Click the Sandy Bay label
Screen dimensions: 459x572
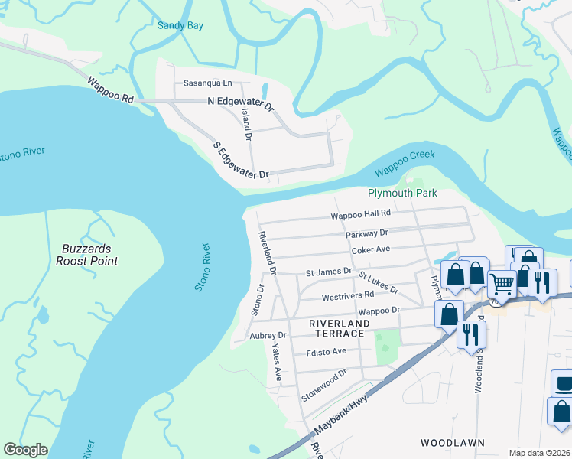click(x=180, y=25)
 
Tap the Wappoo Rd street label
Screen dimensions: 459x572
click(x=111, y=90)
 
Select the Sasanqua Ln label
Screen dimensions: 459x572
click(x=206, y=83)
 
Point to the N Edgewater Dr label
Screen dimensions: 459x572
click(x=240, y=103)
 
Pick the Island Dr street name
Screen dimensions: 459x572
click(x=246, y=124)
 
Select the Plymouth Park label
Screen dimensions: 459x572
click(x=402, y=193)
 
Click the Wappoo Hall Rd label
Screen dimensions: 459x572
click(x=360, y=215)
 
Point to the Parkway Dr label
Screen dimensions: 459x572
click(x=366, y=233)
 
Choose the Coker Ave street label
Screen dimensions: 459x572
click(x=371, y=249)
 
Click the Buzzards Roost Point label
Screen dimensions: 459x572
click(x=87, y=255)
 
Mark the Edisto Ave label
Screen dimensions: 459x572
click(x=327, y=351)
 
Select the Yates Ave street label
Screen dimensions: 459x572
click(x=276, y=362)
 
